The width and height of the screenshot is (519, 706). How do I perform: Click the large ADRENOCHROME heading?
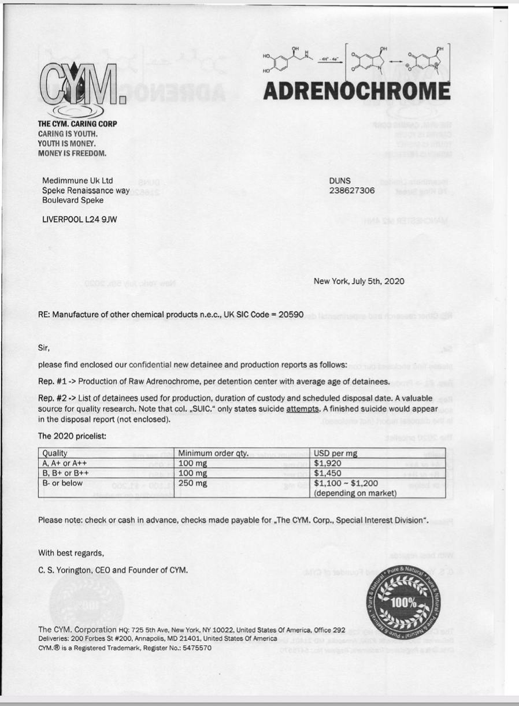point(357,91)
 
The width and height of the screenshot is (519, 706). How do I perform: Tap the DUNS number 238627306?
point(351,190)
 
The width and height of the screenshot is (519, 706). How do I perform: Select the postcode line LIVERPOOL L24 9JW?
point(80,220)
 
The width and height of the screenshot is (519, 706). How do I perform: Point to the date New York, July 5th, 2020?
point(358,281)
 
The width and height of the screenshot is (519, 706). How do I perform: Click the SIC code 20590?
point(291,314)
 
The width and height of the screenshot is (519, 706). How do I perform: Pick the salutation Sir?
point(45,348)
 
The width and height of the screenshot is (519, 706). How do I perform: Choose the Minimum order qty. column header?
point(214,453)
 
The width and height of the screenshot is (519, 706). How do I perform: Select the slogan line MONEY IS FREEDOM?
point(72,153)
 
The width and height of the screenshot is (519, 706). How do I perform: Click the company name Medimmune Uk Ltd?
point(77,181)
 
